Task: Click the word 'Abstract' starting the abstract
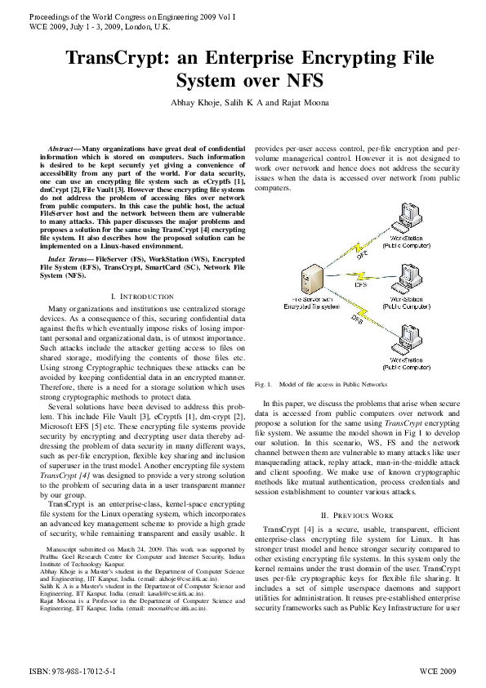[65, 144]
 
